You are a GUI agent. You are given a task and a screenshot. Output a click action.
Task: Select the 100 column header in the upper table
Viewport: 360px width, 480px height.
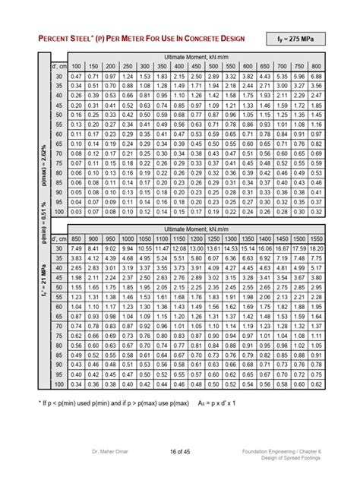tap(76, 67)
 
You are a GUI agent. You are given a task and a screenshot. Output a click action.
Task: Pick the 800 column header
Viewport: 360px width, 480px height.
tap(317, 67)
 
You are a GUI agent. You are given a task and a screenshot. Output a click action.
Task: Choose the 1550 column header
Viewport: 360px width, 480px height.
tap(317, 238)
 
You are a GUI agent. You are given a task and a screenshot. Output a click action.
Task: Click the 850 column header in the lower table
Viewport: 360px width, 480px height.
tap(76, 238)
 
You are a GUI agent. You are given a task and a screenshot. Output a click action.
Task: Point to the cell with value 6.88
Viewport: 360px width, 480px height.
tap(317, 77)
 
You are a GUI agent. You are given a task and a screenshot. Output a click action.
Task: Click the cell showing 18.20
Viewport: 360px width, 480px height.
tap(317, 248)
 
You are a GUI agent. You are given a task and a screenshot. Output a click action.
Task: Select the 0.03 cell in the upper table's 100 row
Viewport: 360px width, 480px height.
tap(76, 212)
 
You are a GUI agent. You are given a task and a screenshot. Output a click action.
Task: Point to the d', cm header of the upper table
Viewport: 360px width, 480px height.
tap(58, 67)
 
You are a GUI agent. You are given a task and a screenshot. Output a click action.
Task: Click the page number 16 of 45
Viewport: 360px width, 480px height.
tap(179, 454)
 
